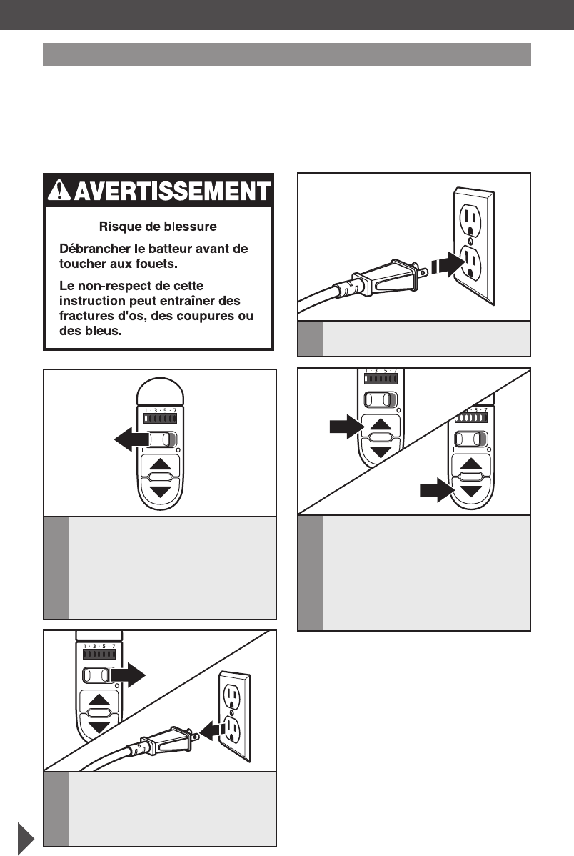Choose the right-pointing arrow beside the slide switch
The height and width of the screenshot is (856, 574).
130,675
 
